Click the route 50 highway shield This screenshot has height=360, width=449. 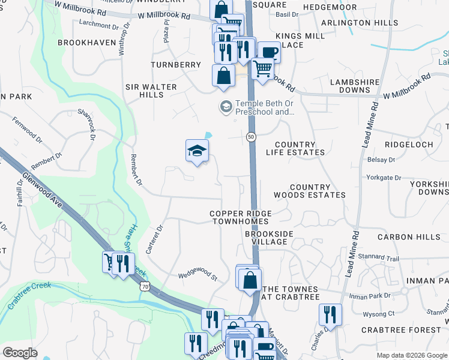(250, 137)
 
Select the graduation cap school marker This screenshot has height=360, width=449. (197, 151)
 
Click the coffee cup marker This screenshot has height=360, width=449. (269, 52)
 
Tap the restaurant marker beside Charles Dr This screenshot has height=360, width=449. (330, 314)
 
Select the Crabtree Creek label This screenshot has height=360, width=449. (29, 296)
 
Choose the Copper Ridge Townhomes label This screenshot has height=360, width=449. (241, 218)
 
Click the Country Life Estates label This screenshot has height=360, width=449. (300, 149)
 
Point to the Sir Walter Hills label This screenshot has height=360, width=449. (151, 91)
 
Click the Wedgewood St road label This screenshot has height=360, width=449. (197, 277)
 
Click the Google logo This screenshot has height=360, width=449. (20, 353)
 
